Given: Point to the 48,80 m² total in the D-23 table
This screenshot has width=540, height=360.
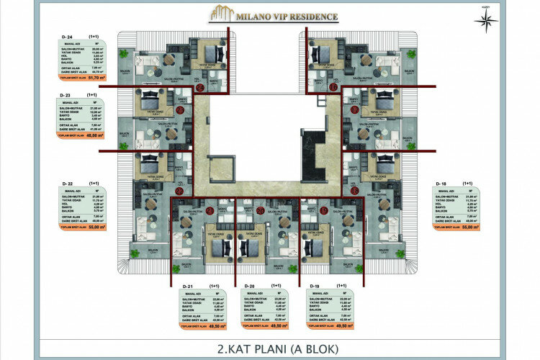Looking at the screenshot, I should click(x=95, y=135).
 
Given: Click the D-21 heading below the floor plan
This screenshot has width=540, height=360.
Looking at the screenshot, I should click(x=187, y=286).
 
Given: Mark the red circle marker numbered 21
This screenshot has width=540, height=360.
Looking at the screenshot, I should click(x=209, y=210).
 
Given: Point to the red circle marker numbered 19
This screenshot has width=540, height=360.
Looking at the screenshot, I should click(x=323, y=210).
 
